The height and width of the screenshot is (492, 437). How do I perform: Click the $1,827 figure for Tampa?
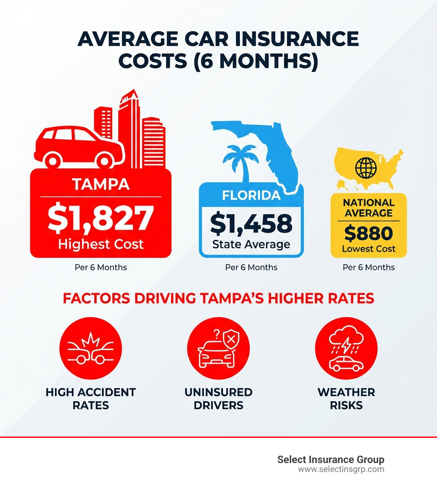(100, 218)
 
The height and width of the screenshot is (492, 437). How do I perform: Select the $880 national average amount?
(368, 234)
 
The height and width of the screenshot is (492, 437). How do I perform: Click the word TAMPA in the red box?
(101, 184)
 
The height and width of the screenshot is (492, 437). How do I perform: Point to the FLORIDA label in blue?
(251, 195)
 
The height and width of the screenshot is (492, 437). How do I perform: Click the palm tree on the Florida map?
(237, 162)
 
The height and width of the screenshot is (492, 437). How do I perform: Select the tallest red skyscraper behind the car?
(130, 128)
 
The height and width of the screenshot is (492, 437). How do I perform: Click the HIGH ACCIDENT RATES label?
(90, 398)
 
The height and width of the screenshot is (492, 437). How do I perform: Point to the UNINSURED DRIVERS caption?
(218, 398)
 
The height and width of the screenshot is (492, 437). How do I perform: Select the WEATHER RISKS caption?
(346, 398)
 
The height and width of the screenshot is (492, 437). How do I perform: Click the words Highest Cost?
(101, 244)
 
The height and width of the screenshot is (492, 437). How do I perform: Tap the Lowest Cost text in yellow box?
(369, 249)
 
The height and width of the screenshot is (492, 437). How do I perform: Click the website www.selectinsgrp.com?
(341, 469)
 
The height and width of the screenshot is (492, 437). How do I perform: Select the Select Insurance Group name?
(331, 460)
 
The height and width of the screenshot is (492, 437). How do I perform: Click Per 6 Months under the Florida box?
(251, 268)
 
